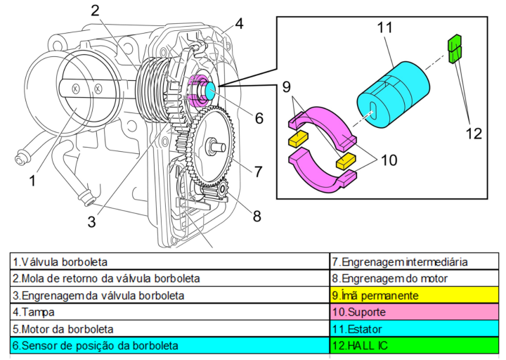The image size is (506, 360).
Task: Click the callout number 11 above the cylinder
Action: [384, 29]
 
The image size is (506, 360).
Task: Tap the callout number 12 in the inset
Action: [475, 131]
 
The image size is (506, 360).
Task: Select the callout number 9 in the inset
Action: [287, 87]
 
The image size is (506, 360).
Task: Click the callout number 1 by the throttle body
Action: [32, 181]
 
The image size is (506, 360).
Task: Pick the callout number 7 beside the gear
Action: [259, 171]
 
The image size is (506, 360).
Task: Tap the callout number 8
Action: [257, 215]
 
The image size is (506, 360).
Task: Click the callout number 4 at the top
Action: [239, 23]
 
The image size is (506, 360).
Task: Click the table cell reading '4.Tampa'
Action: [169, 311]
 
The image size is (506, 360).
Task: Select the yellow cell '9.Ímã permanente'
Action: [414, 295]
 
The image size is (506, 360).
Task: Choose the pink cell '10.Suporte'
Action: [414, 311]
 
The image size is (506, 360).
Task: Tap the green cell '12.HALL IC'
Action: [414, 345]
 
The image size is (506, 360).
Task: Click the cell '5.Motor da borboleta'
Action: [169, 328]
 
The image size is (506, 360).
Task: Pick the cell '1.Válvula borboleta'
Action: [169, 262]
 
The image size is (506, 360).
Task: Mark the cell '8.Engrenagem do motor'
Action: [414, 278]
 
